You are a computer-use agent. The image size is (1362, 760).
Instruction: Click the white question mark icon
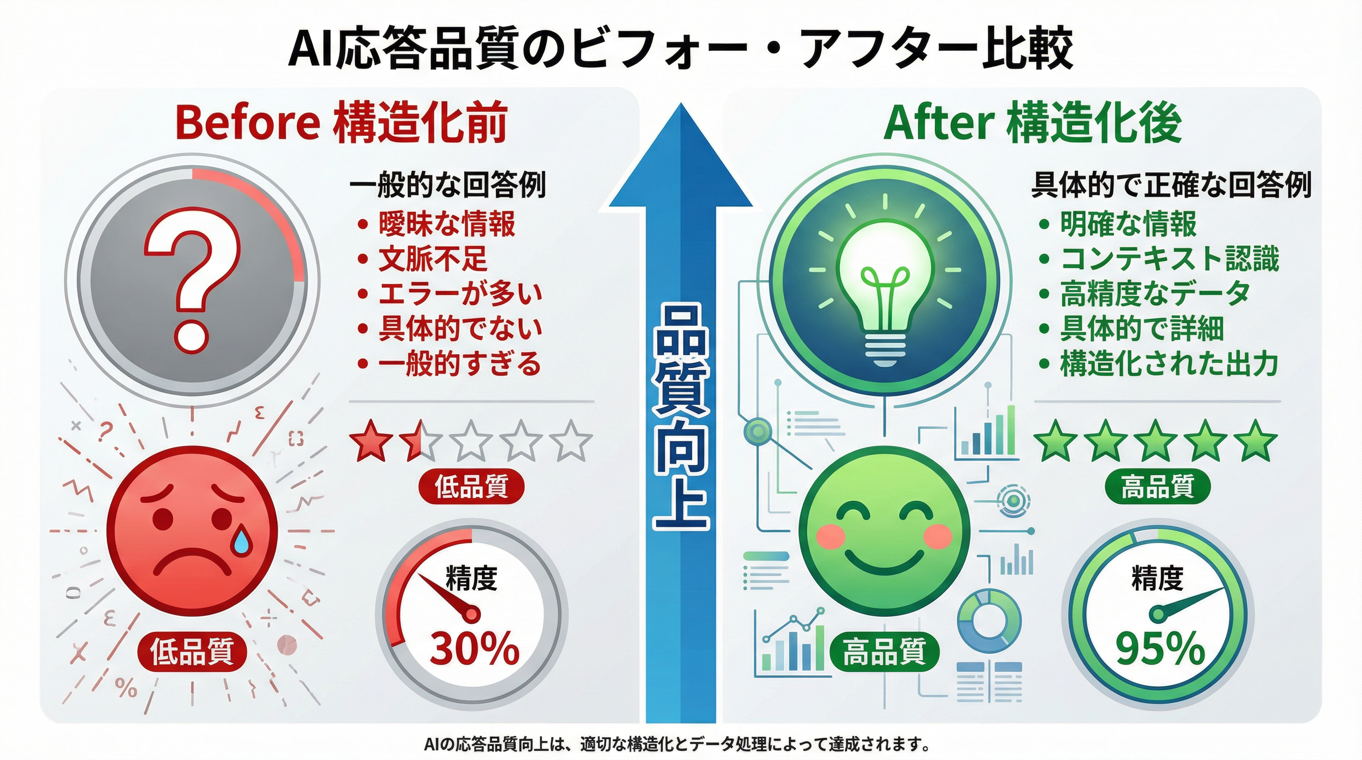point(193,278)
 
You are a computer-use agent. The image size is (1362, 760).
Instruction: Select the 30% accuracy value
point(474,648)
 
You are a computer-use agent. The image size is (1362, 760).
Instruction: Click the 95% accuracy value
point(1160,648)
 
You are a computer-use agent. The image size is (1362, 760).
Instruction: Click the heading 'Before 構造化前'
point(341,123)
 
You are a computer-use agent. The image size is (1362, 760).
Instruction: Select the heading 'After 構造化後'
point(1032,123)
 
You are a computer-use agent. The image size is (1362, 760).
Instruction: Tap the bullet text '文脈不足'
point(433,259)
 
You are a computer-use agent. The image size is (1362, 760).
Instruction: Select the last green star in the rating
point(1256,441)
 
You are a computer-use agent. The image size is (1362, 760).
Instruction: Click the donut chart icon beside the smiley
point(989,621)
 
